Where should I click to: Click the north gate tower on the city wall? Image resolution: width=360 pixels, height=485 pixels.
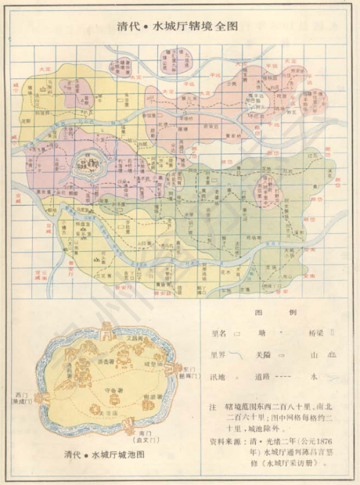pos(106,326)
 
